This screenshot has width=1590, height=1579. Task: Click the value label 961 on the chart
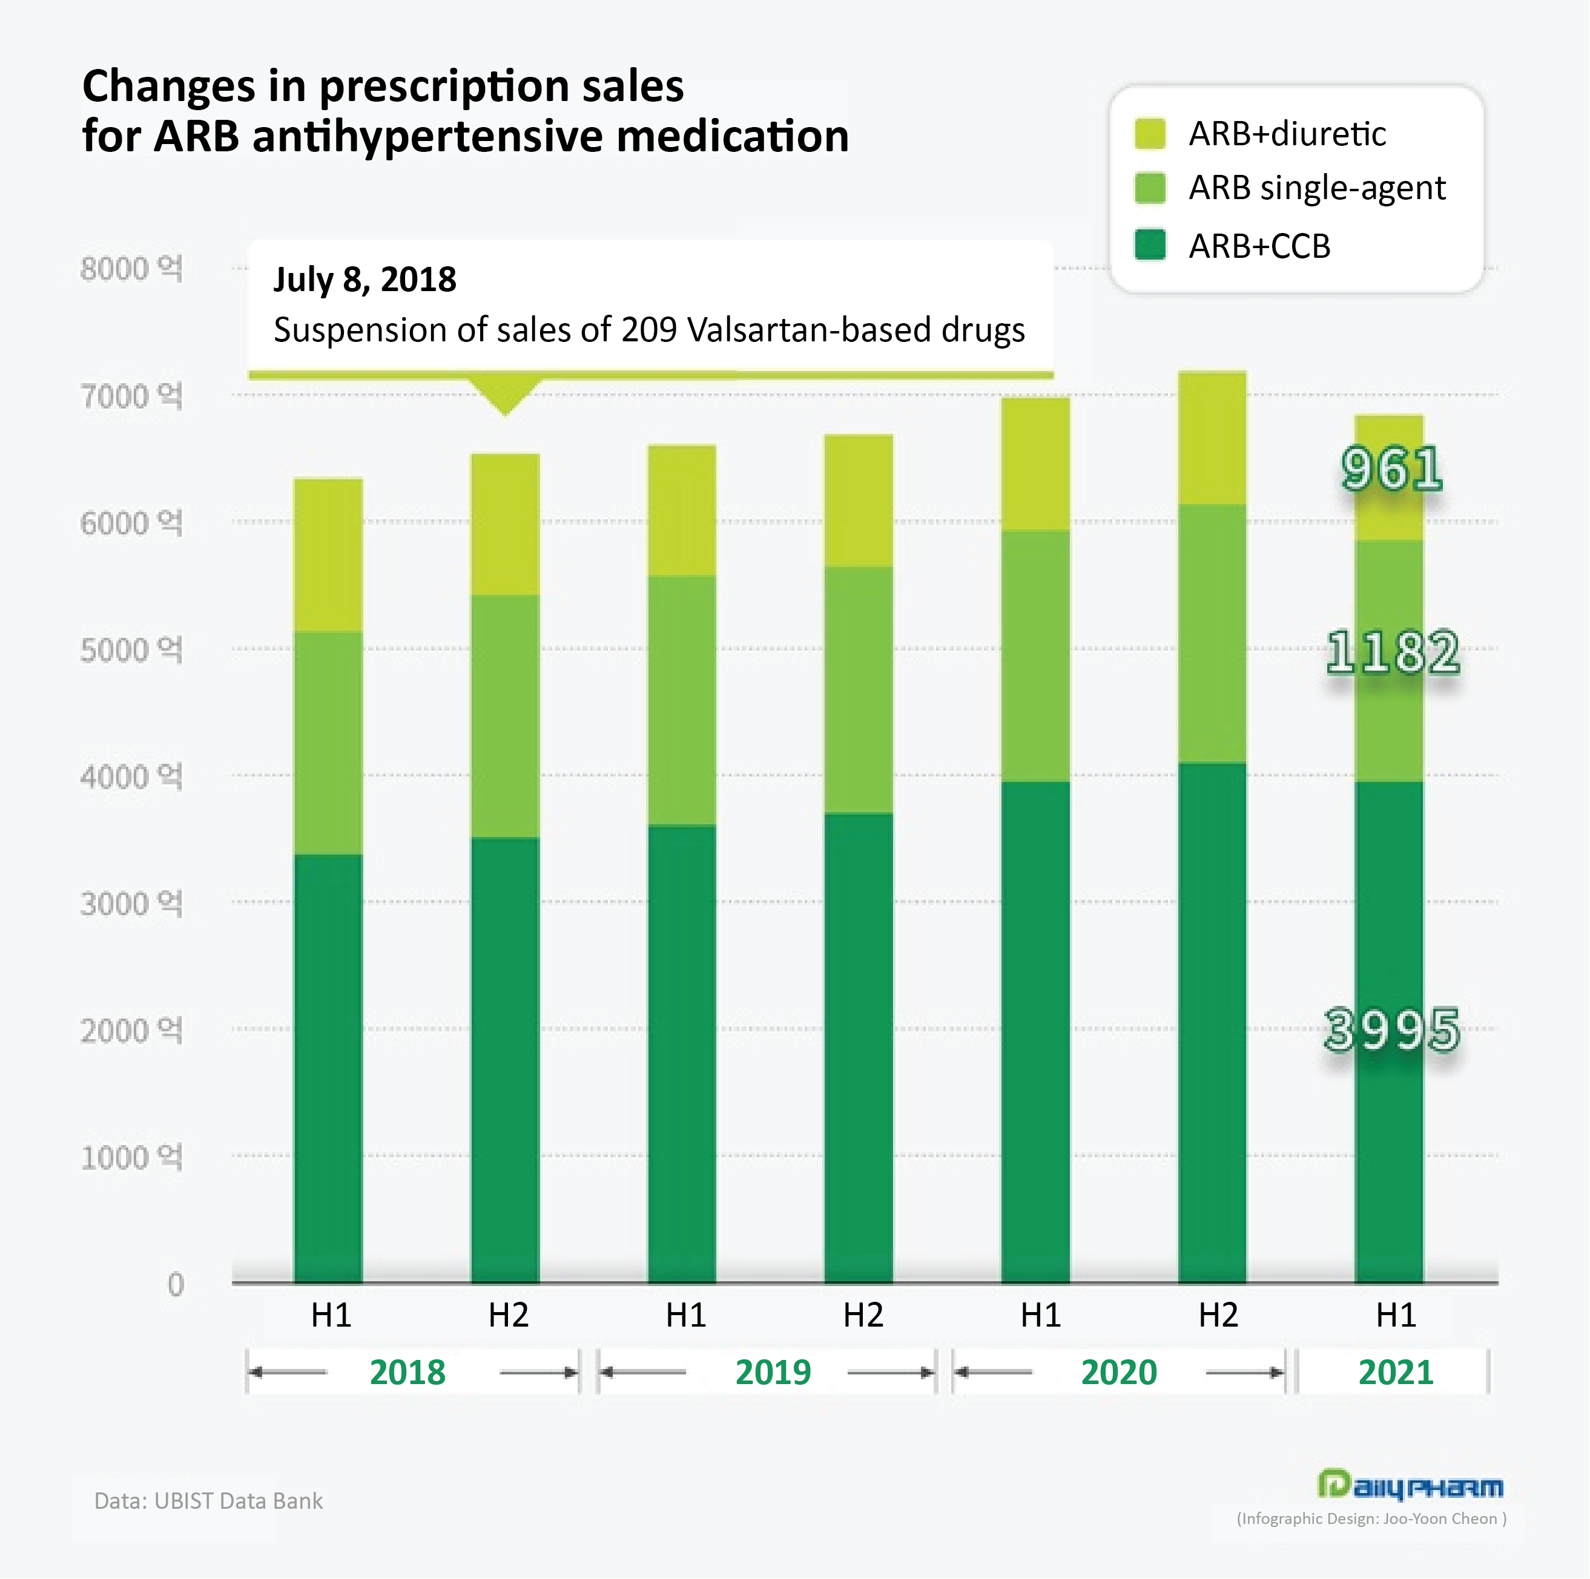pyautogui.click(x=1391, y=469)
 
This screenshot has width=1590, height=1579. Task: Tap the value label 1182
pyautogui.click(x=1393, y=652)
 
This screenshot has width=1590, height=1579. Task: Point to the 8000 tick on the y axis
pyautogui.click(x=131, y=268)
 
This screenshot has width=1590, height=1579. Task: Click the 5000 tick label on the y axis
pyautogui.click(x=131, y=650)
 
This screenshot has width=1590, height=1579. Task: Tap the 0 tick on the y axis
pyautogui.click(x=176, y=1284)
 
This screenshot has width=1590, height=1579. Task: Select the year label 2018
pyautogui.click(x=407, y=1371)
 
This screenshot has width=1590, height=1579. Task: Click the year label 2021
pyautogui.click(x=1395, y=1371)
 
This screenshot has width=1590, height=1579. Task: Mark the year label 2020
pyautogui.click(x=1118, y=1371)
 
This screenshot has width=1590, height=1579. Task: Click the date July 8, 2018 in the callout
pyautogui.click(x=365, y=280)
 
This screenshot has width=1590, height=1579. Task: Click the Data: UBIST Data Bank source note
pyautogui.click(x=208, y=1501)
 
